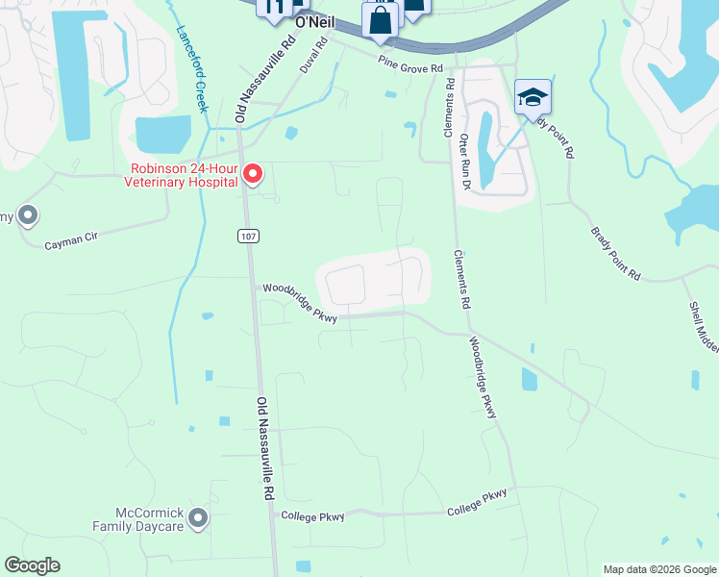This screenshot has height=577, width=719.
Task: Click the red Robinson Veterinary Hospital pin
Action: pos(253,174)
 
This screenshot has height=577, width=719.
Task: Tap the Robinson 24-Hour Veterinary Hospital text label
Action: pos(179,174)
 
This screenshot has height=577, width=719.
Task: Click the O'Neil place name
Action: pos(314,20)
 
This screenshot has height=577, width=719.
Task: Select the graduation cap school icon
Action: pos(533,97)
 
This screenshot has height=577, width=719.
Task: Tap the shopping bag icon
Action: pos(380,19)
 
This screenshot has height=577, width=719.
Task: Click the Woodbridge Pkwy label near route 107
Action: pos(301,303)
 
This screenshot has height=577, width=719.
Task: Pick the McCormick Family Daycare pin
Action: pos(198,519)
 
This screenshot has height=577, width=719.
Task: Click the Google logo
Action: pos(32,565)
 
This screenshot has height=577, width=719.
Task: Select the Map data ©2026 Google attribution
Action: pos(658,569)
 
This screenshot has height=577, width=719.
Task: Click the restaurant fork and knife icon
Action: pos(274,8)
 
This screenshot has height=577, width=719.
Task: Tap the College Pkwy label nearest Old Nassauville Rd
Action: pos(312,516)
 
